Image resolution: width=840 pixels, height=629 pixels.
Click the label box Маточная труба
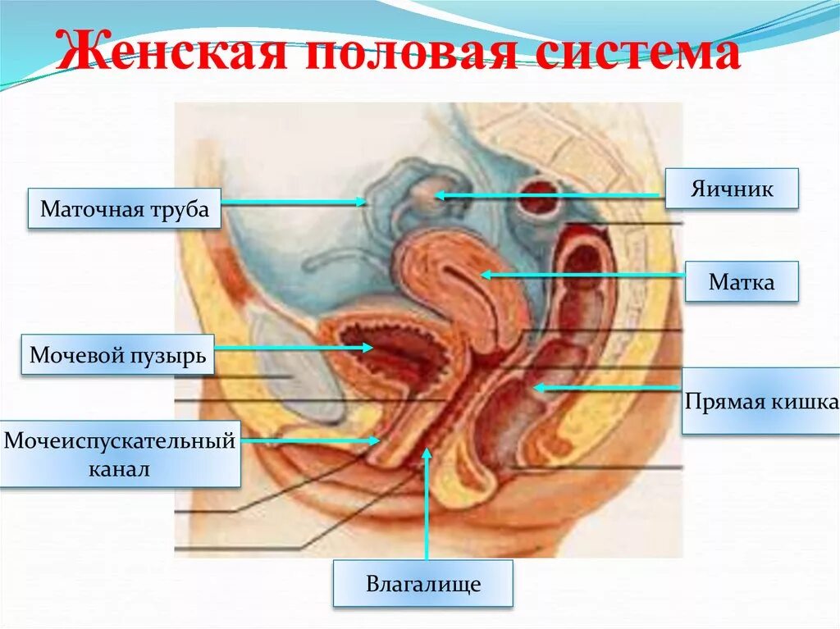125,209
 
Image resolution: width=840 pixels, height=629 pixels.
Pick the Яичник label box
731,189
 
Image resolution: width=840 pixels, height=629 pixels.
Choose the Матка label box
742,282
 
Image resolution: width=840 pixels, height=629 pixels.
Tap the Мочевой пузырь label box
117,355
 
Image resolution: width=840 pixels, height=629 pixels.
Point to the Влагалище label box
422,584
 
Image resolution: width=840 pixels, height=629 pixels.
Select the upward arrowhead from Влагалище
427,452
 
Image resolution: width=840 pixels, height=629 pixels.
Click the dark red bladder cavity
386,357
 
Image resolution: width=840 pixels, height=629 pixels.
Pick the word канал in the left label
121,470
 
